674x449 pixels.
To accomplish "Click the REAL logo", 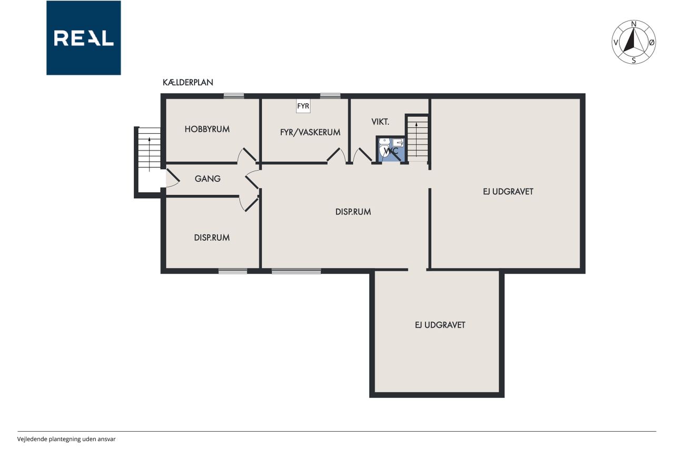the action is coord(84,38).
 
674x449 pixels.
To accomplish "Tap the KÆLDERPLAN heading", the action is coord(188,83).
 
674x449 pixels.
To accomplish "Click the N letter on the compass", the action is coord(633,24).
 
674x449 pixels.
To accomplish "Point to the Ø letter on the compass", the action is coord(652,43).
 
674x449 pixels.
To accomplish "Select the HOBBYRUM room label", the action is coord(207,129).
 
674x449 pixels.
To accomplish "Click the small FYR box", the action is coord(303,106).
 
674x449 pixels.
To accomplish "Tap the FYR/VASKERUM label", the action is coord(310,132).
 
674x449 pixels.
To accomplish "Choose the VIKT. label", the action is coord(380,122).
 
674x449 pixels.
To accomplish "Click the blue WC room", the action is coord(391,149).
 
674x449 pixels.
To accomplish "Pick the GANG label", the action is coord(207,178).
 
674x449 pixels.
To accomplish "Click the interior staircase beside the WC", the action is coord(418,139).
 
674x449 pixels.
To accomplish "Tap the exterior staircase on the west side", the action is coord(149,149).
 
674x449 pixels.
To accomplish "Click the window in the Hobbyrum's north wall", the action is coord(234,96).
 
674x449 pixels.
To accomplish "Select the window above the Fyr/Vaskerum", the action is coord(330,96).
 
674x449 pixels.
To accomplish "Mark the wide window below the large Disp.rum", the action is coord(296,271).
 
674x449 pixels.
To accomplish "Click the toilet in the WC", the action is coord(384,148).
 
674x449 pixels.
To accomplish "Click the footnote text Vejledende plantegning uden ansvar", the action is coord(66,439).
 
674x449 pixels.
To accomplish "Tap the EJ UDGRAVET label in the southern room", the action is coord(440,325).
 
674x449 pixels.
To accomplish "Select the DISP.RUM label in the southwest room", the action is coord(212,237).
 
